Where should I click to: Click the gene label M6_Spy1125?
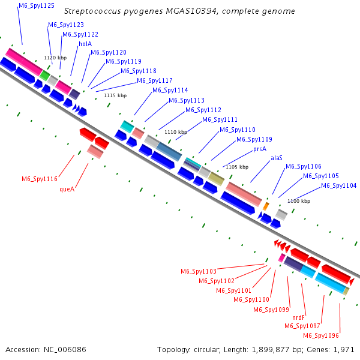click(37, 5)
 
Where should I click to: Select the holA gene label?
click(85, 44)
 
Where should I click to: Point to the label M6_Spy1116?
click(40, 179)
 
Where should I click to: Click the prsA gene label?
click(260, 148)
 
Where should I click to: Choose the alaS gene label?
click(277, 158)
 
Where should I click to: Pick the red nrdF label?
click(299, 317)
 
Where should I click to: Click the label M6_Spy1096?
click(321, 335)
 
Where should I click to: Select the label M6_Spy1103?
click(199, 271)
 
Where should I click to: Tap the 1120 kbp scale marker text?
click(55, 58)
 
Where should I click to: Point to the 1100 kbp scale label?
click(299, 201)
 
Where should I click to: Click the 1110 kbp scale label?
click(176, 132)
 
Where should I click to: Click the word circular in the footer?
click(212, 349)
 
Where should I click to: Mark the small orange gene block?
click(266, 206)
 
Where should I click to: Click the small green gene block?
click(45, 75)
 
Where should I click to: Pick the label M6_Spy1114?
click(170, 91)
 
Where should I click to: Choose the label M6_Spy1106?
click(303, 167)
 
